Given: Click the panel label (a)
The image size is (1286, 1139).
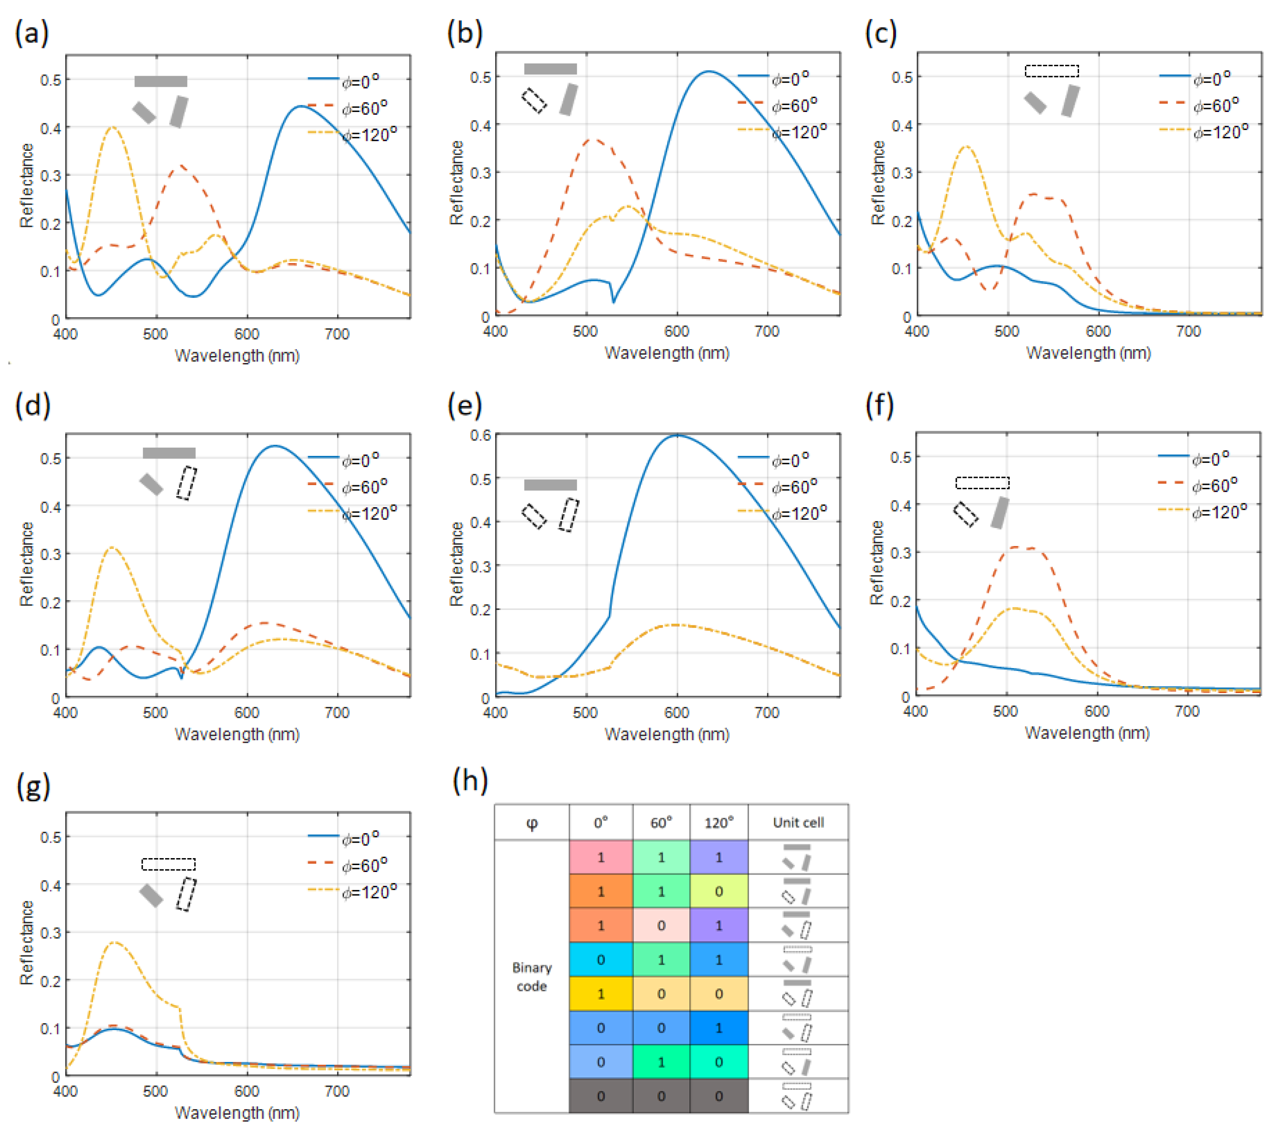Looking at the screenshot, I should coord(32,33).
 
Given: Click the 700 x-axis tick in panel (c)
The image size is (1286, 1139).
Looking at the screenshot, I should coord(1188,331).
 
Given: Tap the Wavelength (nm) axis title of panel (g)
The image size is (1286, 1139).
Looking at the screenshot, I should coord(236,1113).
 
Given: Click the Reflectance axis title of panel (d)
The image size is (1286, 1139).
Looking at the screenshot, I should coord(26,564).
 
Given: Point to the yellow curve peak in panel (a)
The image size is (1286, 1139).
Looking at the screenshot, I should coord(113,128).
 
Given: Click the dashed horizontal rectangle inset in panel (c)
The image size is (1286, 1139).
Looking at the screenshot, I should coord(1051,71).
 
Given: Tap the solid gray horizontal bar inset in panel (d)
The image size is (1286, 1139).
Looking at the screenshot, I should coord(169,453).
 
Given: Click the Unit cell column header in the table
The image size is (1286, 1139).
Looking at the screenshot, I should coord(798,822).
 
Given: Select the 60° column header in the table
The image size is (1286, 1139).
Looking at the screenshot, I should coord(661,822).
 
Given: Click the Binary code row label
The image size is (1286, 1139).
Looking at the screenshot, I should coord(532,977).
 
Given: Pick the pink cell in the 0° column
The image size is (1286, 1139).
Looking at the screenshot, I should coord(601,857).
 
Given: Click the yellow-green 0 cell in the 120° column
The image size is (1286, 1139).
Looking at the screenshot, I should coord(719,891).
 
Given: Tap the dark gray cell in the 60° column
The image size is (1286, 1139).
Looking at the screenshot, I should coord(661,1096).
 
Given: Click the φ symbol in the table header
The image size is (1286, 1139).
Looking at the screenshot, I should coord(532,822).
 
